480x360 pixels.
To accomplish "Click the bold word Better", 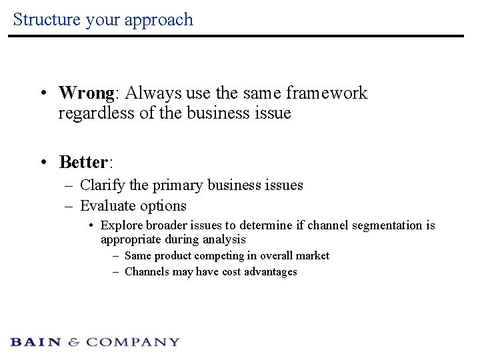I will (83, 162).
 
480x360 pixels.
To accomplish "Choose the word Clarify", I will (100, 185).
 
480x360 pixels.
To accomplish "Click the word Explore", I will (120, 225).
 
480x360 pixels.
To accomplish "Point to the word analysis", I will (225, 239).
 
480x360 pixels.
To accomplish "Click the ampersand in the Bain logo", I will (74, 342).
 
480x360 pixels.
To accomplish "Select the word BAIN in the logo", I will (37, 342).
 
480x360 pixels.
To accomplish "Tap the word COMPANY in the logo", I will (133, 342).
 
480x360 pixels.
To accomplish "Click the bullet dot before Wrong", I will (42, 93).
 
